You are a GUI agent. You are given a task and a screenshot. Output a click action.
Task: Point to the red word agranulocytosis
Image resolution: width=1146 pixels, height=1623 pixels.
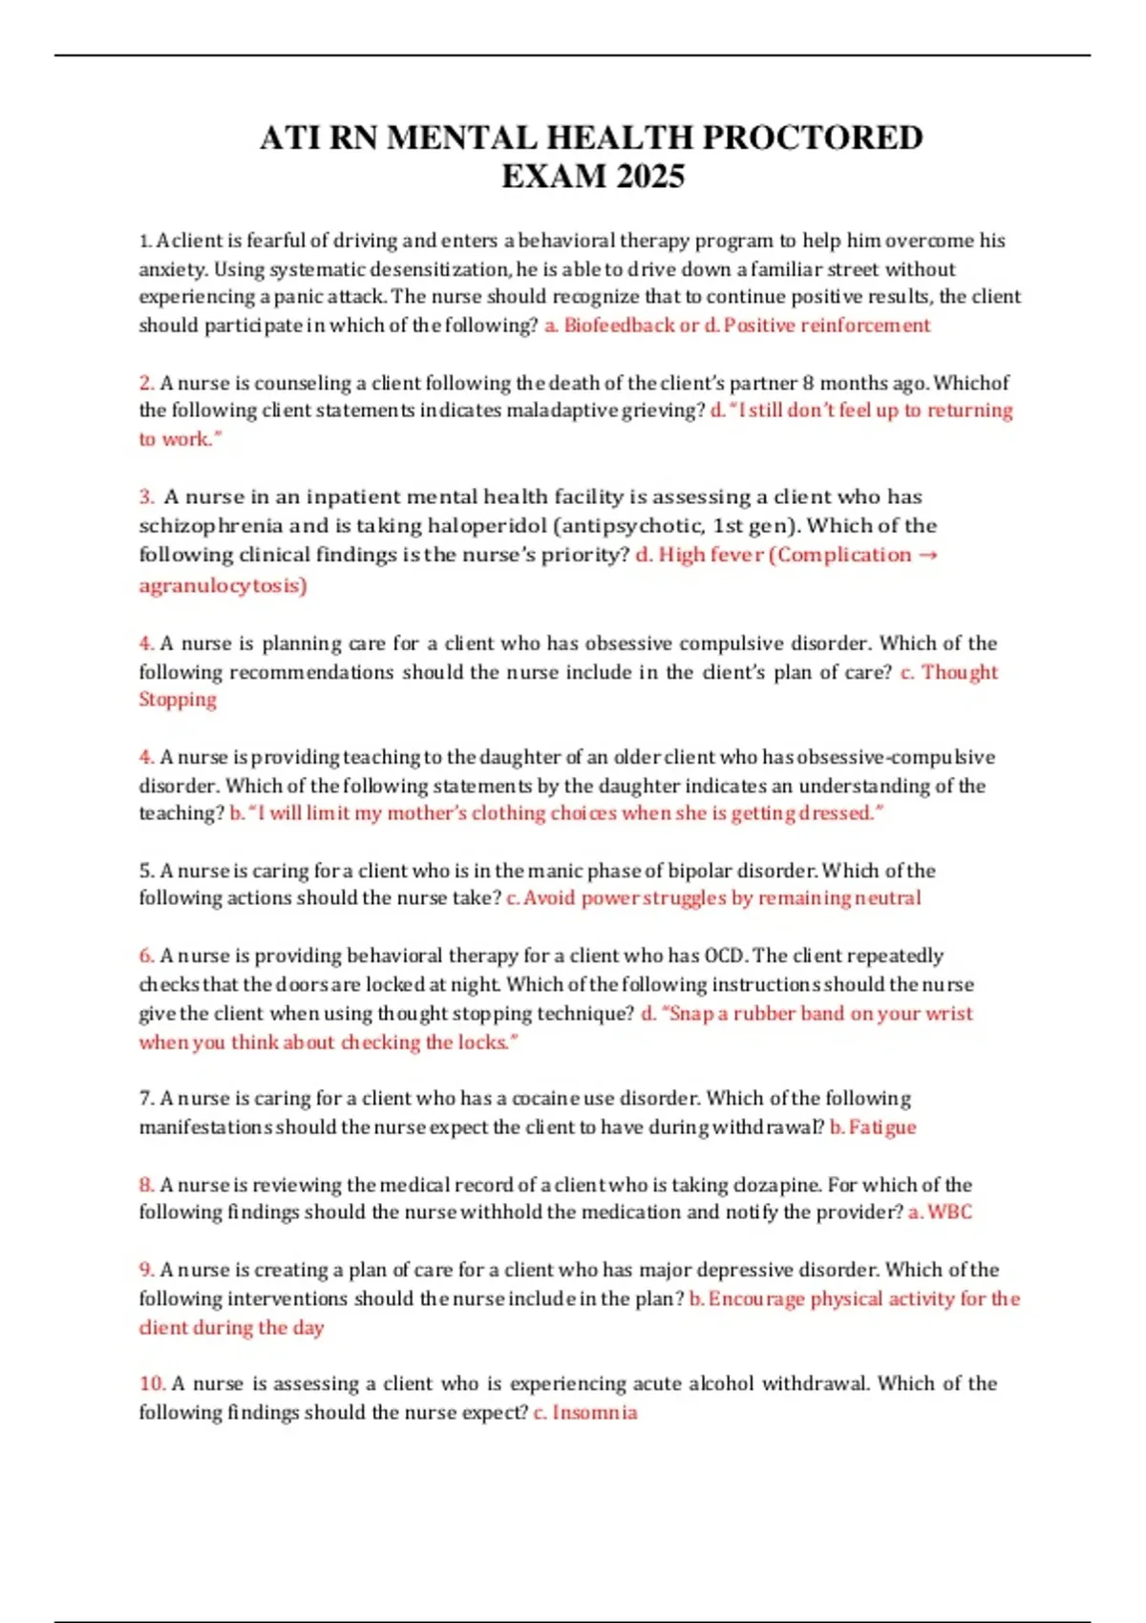coord(223,585)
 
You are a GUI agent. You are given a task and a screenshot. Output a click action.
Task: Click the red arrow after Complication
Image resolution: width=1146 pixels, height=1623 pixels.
coord(927,555)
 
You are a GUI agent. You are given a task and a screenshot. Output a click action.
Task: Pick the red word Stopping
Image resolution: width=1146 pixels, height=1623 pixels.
coord(178,700)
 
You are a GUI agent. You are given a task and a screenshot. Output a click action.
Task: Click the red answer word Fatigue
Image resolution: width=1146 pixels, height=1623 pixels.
coord(881,1128)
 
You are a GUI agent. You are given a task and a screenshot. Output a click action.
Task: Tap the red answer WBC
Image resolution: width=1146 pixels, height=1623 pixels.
coord(949,1212)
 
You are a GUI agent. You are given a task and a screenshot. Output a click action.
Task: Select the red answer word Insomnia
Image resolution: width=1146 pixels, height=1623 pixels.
coord(594,1413)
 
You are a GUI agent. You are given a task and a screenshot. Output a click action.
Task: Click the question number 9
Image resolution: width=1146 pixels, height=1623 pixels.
coord(146,1270)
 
